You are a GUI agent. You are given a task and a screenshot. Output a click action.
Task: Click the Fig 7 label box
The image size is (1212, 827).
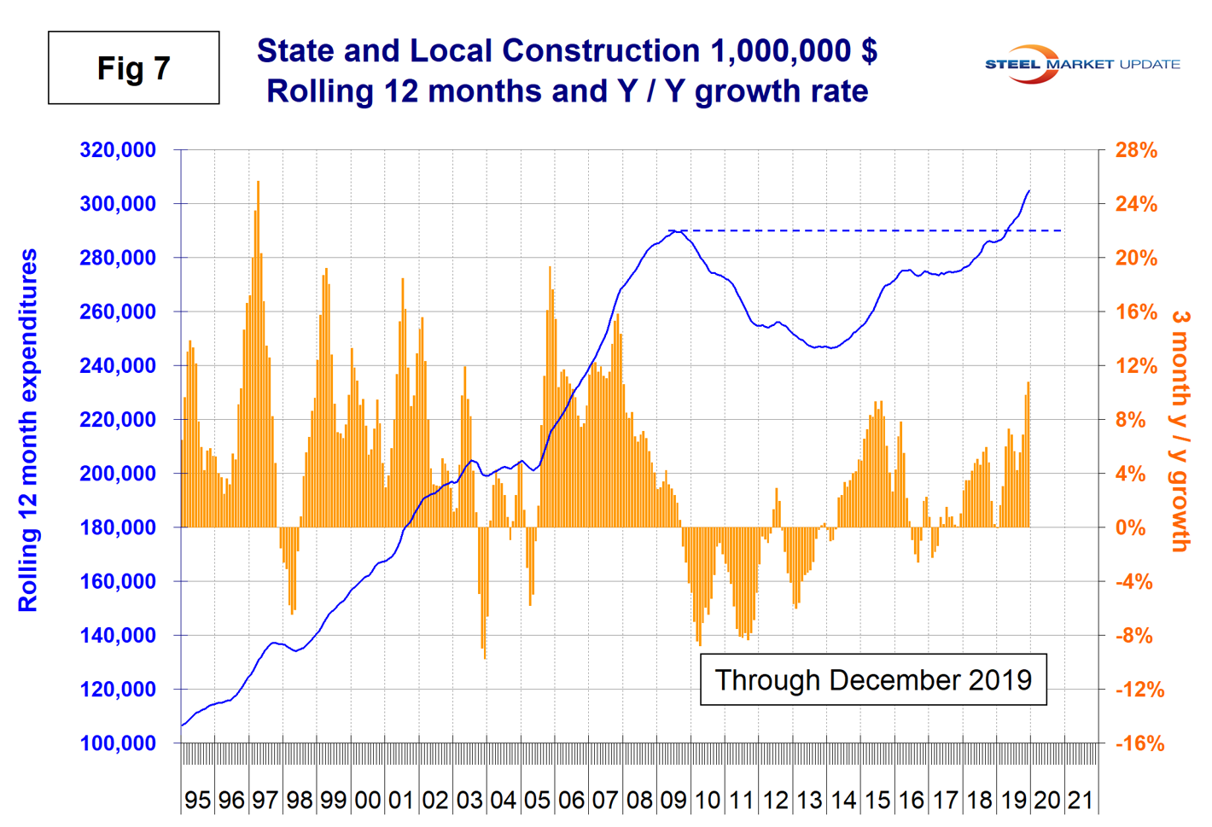(133, 68)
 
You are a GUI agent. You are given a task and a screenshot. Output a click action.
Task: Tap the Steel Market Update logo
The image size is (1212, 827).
(1082, 64)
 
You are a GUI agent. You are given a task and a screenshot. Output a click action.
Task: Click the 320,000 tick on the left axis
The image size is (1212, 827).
(118, 150)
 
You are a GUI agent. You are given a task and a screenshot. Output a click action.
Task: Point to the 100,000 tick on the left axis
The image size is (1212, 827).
(118, 743)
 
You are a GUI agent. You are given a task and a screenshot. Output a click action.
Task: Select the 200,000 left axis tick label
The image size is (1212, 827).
(118, 474)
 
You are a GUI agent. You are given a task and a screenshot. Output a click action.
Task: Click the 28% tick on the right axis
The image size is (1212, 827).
(1136, 150)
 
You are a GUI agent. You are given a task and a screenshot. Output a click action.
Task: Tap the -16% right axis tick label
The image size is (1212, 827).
(1139, 743)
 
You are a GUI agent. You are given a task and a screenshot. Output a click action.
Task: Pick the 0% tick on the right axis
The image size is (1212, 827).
(1131, 527)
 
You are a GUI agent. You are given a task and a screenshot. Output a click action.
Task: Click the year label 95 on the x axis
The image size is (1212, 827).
(197, 800)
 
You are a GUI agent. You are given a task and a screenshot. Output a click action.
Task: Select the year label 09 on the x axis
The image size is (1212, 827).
(673, 800)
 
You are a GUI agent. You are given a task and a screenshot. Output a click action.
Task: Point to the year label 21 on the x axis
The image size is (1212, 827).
(1081, 800)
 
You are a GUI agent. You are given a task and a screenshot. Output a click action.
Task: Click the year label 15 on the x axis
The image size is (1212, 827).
(877, 800)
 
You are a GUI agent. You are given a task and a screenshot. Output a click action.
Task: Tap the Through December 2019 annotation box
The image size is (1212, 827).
(872, 680)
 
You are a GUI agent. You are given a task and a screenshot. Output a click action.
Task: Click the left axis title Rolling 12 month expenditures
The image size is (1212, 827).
(28, 430)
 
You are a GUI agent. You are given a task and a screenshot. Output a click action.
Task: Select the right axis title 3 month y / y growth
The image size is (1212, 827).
(1180, 430)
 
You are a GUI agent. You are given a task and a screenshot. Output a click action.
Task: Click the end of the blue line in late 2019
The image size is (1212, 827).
(1029, 190)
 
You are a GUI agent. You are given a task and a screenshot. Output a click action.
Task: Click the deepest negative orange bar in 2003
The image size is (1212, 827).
(485, 597)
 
